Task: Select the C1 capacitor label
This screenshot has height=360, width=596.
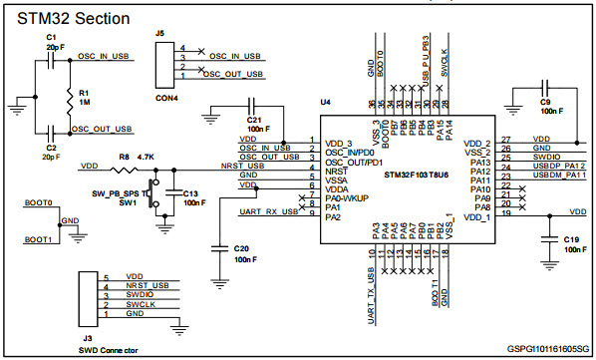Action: pyautogui.click(x=52, y=36)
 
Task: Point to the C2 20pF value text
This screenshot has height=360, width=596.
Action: pyautogui.click(x=52, y=156)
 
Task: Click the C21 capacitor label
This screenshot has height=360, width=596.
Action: pyautogui.click(x=254, y=121)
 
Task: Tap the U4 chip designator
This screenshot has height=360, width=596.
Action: pyautogui.click(x=325, y=103)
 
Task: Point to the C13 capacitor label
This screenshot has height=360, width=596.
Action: pyautogui.click(x=190, y=192)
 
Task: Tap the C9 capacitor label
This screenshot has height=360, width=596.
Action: pyautogui.click(x=545, y=103)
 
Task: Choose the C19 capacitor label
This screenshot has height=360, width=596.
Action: pyautogui.click(x=570, y=240)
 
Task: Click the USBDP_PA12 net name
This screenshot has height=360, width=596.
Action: pyautogui.click(x=558, y=166)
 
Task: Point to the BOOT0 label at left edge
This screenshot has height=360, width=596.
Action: pyautogui.click(x=38, y=202)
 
